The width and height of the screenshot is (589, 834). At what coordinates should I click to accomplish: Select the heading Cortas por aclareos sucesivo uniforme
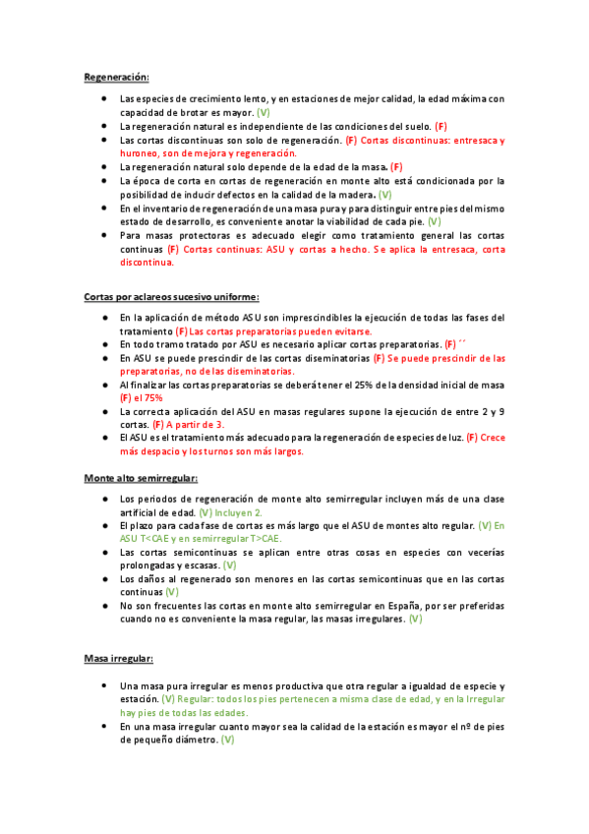pyautogui.click(x=170, y=296)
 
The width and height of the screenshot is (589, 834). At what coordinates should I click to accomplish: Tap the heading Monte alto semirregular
pyautogui.click(x=141, y=478)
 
